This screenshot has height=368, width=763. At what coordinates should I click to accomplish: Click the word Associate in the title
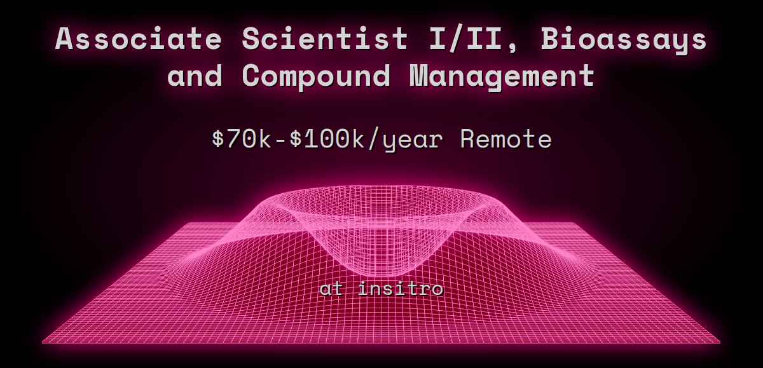click(139, 39)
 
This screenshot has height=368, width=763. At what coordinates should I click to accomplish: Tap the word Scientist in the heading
click(325, 39)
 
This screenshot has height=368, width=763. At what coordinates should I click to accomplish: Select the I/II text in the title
click(465, 39)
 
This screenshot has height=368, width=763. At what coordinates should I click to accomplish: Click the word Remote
click(505, 139)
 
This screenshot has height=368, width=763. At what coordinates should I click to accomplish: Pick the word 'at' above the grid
click(331, 289)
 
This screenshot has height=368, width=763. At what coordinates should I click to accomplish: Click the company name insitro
click(401, 289)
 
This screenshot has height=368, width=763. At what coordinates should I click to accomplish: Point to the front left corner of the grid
click(43, 343)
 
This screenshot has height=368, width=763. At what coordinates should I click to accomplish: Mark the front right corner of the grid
click(720, 343)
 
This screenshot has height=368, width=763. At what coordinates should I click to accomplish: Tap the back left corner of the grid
click(182, 223)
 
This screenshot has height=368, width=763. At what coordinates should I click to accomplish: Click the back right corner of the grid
click(579, 223)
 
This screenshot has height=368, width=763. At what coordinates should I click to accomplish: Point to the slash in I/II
click(465, 39)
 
